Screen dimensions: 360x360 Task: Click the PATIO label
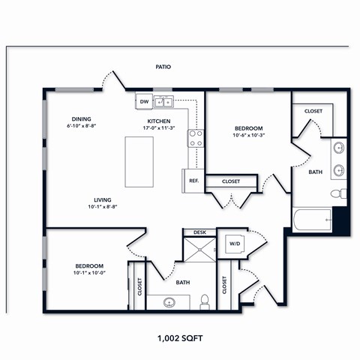[163, 67]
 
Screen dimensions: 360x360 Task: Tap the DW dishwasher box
[143, 101]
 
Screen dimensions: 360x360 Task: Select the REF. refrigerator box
[193, 180]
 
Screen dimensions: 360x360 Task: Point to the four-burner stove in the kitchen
[196, 138]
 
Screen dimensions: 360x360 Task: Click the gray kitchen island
[138, 162]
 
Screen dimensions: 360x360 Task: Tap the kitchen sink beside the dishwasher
[164, 102]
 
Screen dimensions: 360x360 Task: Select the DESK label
[199, 232]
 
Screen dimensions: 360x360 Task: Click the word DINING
[82, 118]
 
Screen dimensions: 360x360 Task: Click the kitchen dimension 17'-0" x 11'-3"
[158, 128]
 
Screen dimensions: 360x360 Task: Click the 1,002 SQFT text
[180, 338]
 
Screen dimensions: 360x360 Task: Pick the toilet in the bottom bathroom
[204, 302]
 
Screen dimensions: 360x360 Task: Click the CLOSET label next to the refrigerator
[231, 181]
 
